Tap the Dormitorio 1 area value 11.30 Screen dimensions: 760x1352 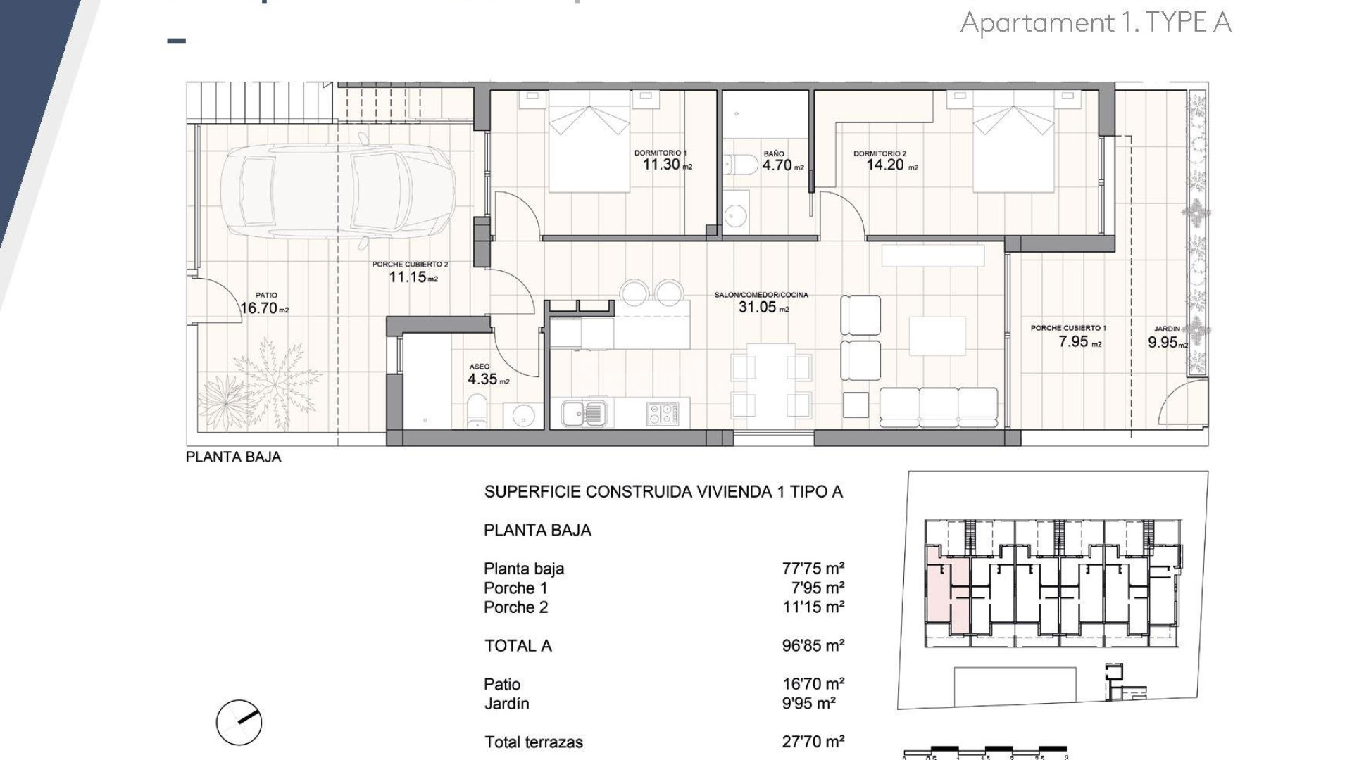[661, 165]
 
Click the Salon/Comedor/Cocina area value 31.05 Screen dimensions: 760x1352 [757, 307]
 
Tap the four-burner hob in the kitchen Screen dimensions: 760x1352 [663, 413]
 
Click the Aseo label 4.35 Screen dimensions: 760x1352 [482, 379]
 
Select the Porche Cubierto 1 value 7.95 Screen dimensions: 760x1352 [1074, 342]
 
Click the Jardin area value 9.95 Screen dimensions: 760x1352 [1163, 343]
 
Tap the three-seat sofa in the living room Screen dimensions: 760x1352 [939, 407]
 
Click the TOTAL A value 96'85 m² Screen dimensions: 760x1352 [813, 645]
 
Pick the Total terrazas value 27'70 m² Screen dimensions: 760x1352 [813, 741]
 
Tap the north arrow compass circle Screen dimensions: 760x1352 [239, 723]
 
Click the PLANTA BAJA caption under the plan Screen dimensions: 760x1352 [233, 457]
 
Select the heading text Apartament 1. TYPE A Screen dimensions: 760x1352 [1096, 23]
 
